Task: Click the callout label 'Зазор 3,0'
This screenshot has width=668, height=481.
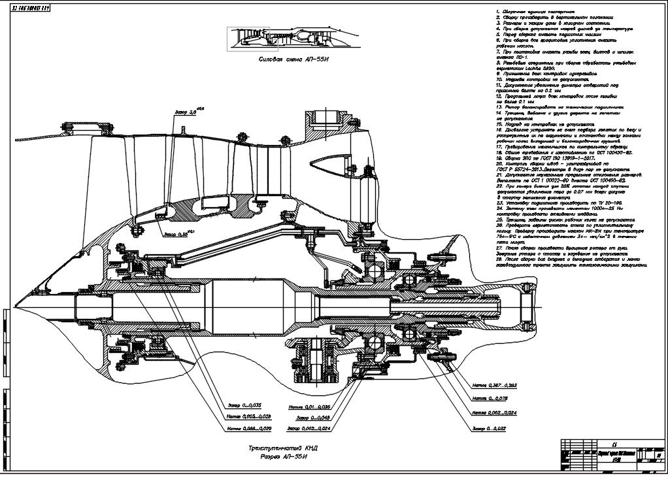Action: point(186,112)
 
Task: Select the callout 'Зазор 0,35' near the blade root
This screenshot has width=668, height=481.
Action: point(175,234)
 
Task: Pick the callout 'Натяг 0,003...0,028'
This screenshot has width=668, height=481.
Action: point(248,416)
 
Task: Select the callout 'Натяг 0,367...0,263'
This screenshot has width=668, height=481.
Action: point(494,386)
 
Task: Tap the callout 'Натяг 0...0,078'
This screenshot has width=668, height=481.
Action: point(490,398)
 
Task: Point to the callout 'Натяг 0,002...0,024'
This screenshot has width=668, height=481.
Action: point(494,412)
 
